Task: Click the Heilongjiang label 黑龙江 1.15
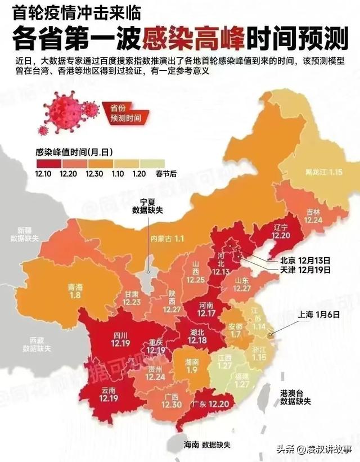[324, 171]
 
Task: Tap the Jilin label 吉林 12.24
[313, 216]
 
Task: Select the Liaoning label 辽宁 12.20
[280, 231]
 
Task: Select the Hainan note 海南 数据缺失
[207, 444]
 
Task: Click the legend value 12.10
[43, 174]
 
